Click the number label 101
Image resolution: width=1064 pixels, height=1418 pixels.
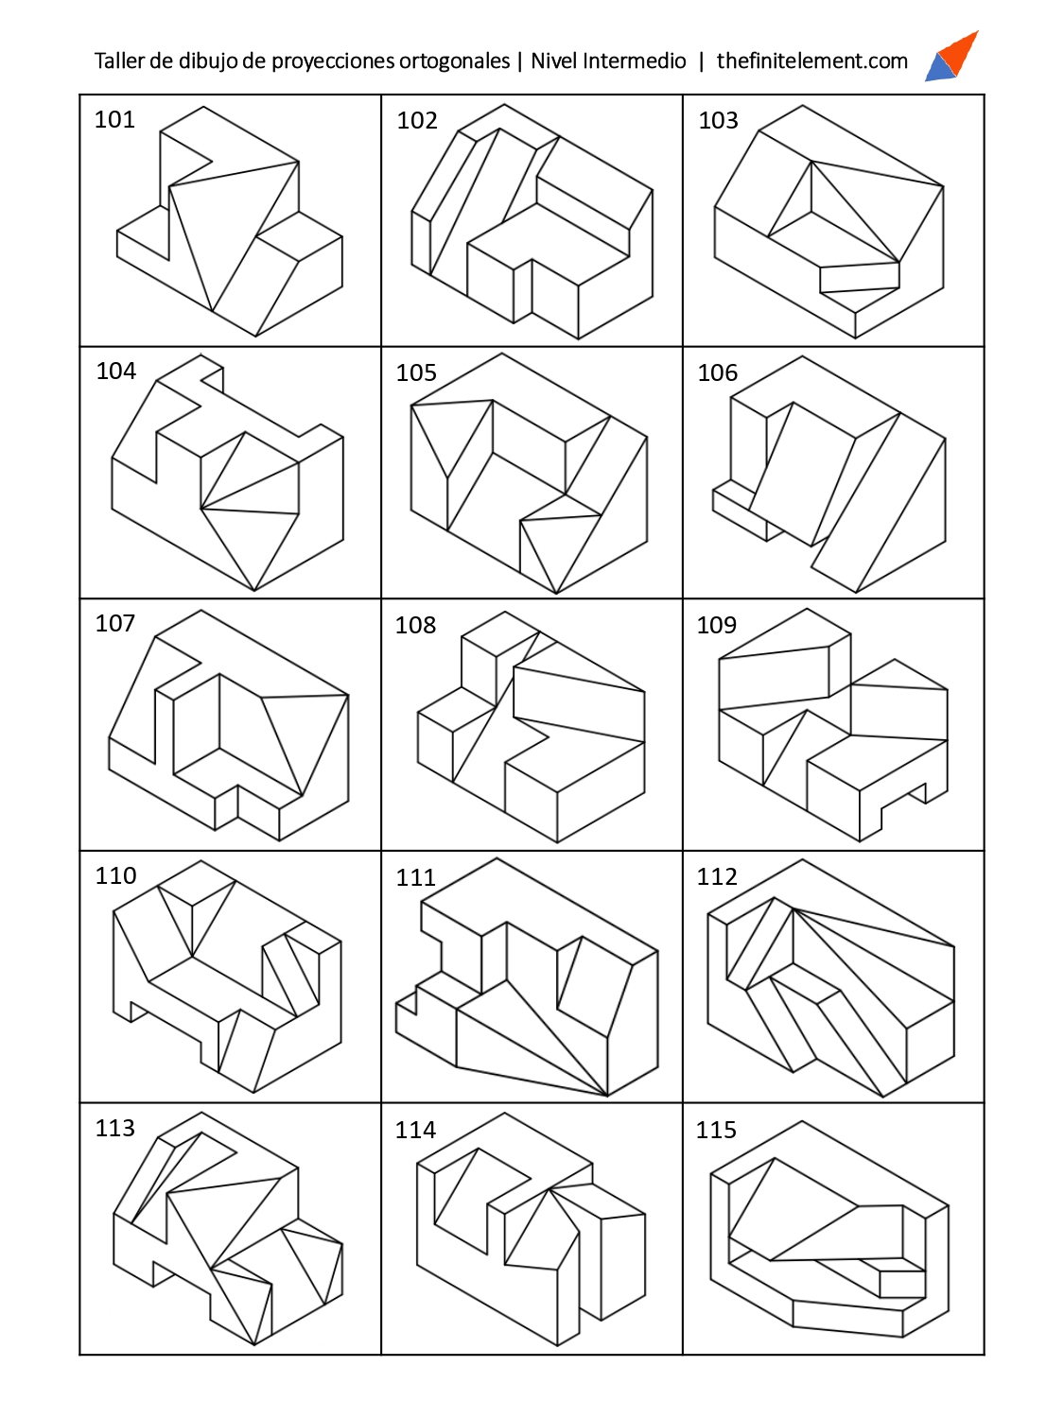click(115, 119)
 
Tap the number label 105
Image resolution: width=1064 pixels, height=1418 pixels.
click(416, 372)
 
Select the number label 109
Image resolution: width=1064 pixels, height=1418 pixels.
click(717, 625)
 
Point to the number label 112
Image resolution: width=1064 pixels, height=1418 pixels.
click(717, 876)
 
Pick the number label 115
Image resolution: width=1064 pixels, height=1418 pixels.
click(716, 1130)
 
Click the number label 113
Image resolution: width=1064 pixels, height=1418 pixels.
click(115, 1128)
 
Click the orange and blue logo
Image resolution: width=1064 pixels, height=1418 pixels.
click(951, 56)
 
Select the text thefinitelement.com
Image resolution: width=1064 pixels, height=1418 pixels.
click(812, 61)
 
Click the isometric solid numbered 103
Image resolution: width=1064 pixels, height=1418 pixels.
click(829, 221)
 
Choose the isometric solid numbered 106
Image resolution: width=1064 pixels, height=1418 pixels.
click(829, 475)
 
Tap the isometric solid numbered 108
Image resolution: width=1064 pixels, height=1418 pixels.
click(531, 727)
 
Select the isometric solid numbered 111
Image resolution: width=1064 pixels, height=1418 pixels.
click(527, 977)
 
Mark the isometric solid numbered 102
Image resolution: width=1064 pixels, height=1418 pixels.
click(532, 221)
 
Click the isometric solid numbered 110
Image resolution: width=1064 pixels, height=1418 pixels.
click(227, 977)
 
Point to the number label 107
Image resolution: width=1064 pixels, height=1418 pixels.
click(115, 623)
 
